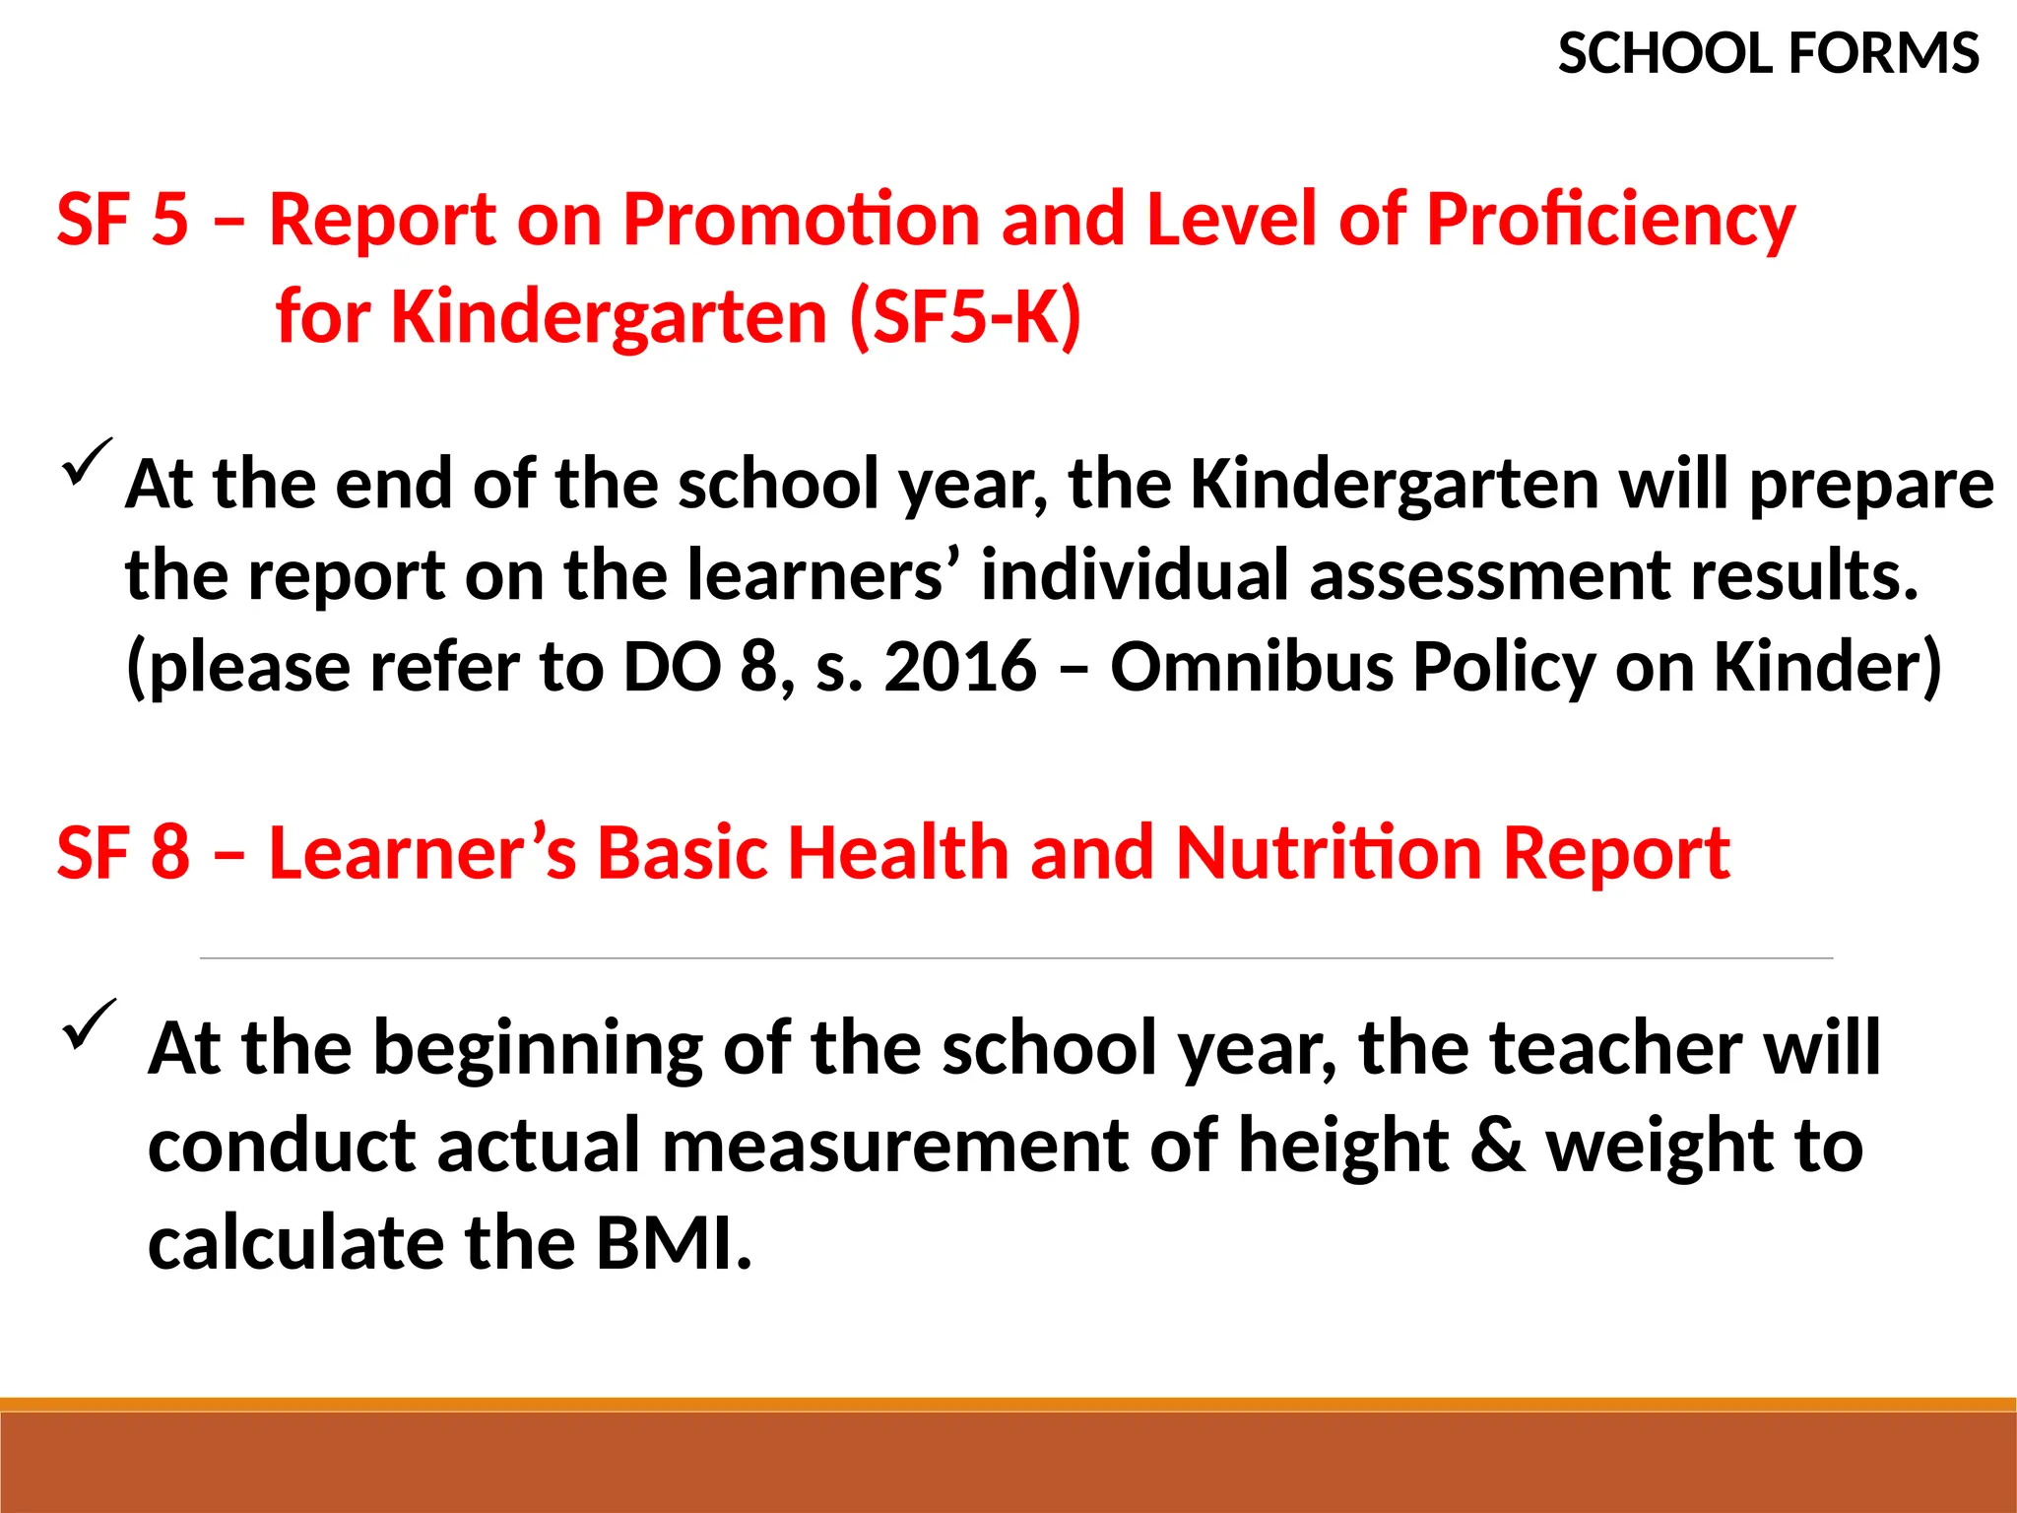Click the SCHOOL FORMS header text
click(x=1768, y=53)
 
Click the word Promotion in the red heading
click(x=801, y=219)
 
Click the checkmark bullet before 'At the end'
click(x=87, y=462)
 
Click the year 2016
click(x=960, y=667)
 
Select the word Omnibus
click(x=1252, y=667)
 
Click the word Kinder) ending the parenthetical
click(x=1828, y=667)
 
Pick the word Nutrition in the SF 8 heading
click(x=1329, y=852)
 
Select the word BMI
click(x=674, y=1243)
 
